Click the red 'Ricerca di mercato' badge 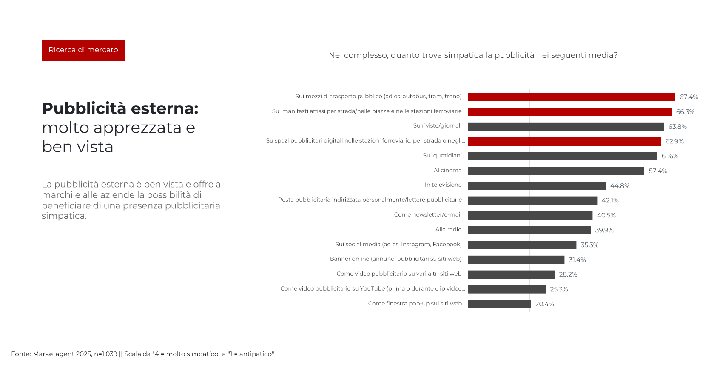(x=83, y=50)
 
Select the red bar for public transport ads (x=571, y=97)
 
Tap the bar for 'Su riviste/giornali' (x=566, y=126)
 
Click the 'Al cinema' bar (x=556, y=171)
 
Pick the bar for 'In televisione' (x=537, y=186)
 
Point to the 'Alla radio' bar (x=529, y=230)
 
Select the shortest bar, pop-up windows (x=499, y=304)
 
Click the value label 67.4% (x=689, y=97)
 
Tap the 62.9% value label (x=674, y=141)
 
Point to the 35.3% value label (x=589, y=245)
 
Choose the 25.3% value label (x=559, y=289)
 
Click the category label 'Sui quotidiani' (x=442, y=156)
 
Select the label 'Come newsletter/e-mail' (x=427, y=215)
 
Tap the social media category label (x=398, y=245)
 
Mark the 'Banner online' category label (x=395, y=259)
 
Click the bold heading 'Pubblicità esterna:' (x=120, y=108)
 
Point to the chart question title (x=473, y=55)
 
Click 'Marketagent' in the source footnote (x=50, y=354)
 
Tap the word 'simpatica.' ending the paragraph (x=64, y=216)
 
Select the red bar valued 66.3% (x=570, y=112)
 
